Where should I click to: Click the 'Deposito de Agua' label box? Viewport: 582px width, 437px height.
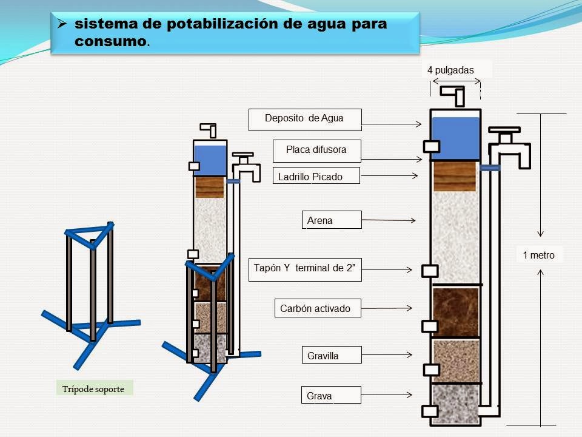coord(305,119)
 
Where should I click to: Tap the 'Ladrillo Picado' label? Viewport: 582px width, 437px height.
coord(316,176)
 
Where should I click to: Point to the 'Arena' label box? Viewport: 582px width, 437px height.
coord(332,220)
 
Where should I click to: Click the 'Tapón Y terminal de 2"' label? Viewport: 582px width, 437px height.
coord(305,269)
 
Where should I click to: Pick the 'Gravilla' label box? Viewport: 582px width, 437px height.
coord(332,355)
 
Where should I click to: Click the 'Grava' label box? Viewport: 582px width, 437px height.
coord(332,395)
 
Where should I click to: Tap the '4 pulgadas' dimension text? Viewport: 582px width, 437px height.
coord(450,70)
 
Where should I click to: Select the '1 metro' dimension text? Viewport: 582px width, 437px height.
coord(538,255)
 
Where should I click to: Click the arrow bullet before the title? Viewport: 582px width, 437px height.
coord(62,25)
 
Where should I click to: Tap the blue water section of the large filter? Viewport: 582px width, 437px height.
coord(455,137)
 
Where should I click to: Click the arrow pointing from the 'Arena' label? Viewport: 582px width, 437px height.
coord(388,220)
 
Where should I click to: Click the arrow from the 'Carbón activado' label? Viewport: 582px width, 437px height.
coord(388,308)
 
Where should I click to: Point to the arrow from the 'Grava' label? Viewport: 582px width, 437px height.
coord(388,395)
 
